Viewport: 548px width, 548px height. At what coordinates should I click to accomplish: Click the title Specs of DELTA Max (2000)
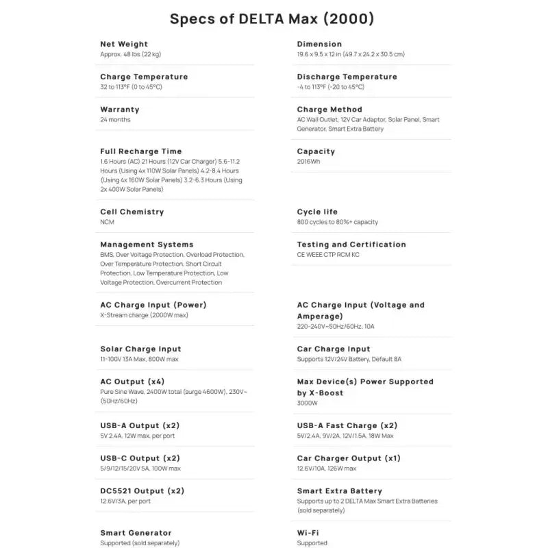(273, 18)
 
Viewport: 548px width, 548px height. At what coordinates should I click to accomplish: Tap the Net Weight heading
(134, 44)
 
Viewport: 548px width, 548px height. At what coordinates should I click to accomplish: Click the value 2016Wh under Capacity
(309, 162)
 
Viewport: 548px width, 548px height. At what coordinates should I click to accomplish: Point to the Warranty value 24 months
(115, 120)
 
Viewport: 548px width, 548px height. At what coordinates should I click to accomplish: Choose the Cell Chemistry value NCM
(108, 222)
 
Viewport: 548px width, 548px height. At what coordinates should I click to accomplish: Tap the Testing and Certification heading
(351, 245)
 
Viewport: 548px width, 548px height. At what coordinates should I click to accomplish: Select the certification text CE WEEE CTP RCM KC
(328, 255)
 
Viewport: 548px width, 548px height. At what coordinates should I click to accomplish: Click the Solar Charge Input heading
(140, 349)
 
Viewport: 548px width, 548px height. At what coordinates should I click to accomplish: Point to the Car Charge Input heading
(334, 349)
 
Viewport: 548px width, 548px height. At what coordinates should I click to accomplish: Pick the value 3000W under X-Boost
(308, 403)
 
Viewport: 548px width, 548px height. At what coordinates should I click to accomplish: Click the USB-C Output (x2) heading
(140, 458)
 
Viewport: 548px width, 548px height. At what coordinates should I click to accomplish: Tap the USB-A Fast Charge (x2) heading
(347, 425)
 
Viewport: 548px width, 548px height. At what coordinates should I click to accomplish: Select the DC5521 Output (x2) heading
(142, 491)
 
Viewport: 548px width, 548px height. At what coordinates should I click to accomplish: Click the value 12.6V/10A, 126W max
(327, 469)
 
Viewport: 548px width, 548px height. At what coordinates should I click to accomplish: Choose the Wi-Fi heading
(308, 533)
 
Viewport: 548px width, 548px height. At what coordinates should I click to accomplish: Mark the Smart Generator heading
(136, 533)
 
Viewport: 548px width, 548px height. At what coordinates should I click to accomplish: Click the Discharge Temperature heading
(347, 77)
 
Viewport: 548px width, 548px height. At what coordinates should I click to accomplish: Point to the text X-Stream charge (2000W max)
(144, 315)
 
